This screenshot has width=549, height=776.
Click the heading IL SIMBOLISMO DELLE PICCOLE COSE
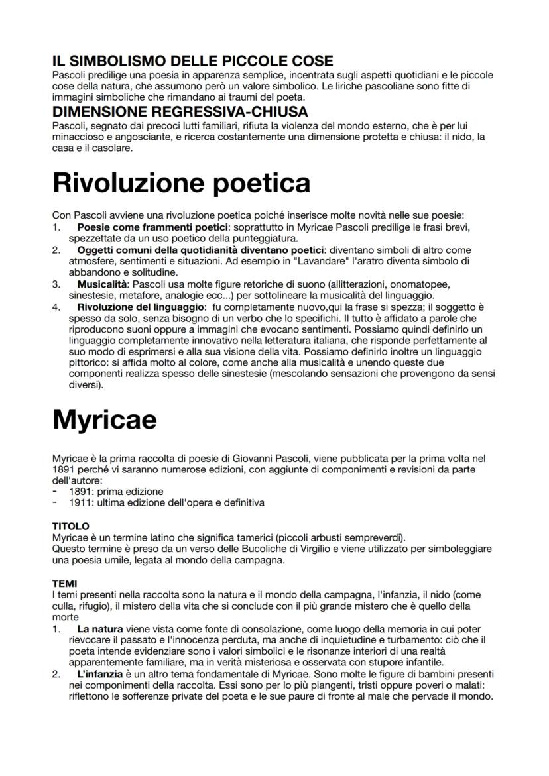[x=192, y=62]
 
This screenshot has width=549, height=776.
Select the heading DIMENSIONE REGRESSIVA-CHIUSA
[x=180, y=112]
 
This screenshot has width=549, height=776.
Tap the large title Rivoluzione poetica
[x=181, y=182]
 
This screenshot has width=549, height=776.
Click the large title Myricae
[x=104, y=419]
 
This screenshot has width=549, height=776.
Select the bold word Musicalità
[x=100, y=284]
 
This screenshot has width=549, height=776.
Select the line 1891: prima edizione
[x=116, y=492]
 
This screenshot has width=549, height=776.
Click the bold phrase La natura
[x=100, y=628]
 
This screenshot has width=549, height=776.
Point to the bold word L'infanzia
[x=101, y=673]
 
